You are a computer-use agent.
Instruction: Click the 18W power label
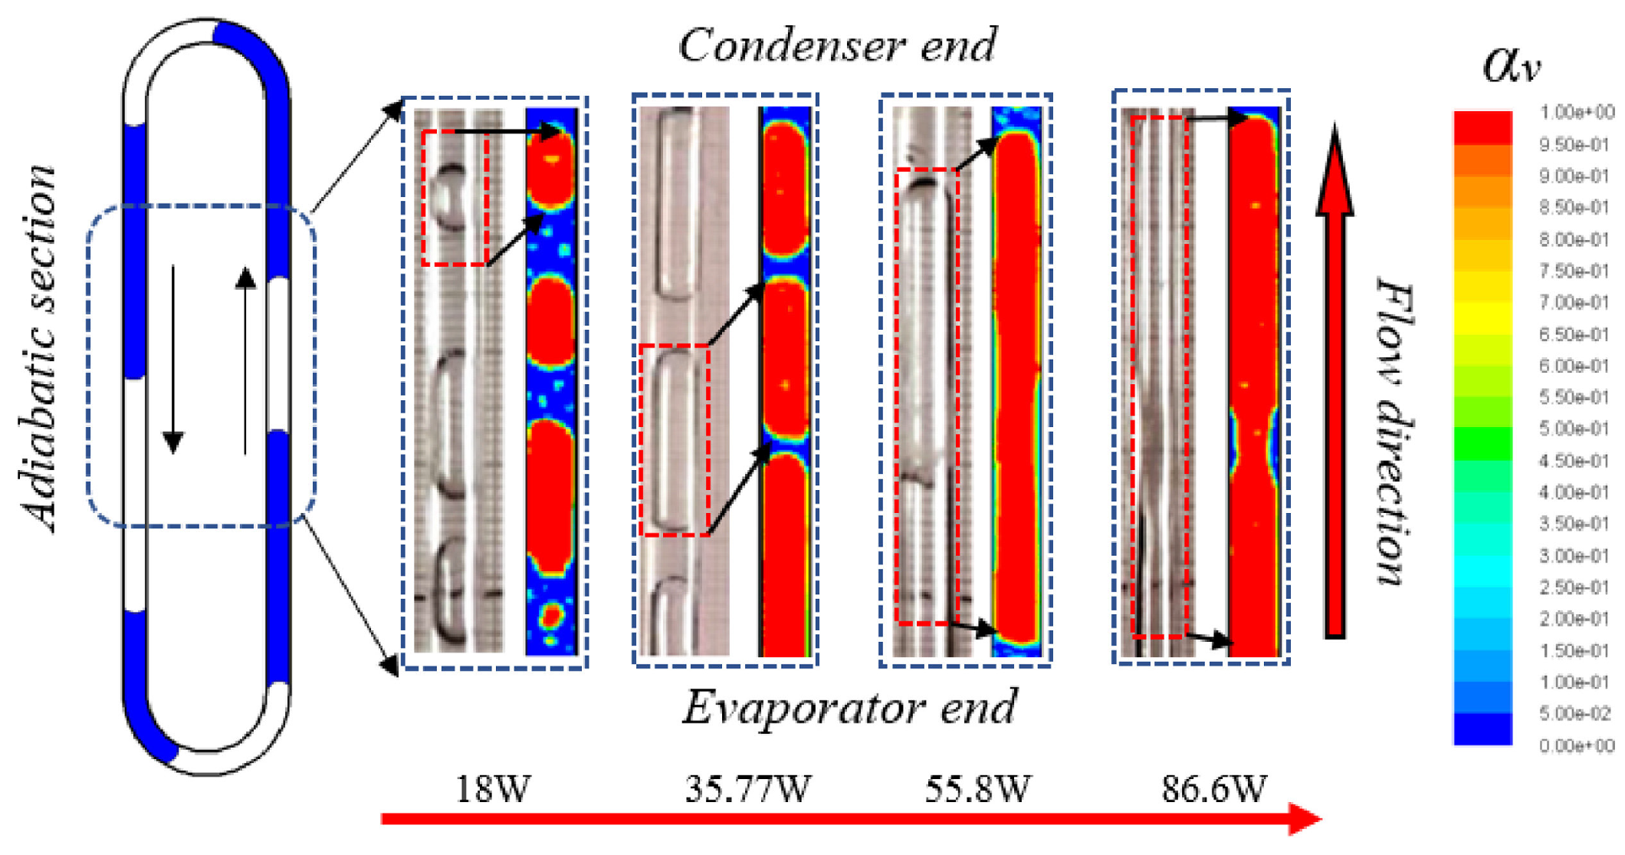point(492,788)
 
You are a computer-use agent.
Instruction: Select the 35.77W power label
point(747,788)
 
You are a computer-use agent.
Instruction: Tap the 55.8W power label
point(977,788)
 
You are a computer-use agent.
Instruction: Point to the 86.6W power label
point(1214,788)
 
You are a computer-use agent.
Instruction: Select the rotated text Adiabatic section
point(38,349)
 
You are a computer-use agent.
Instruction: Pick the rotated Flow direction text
point(1395,433)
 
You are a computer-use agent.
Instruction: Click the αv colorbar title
point(1510,65)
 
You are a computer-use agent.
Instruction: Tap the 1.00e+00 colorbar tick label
point(1576,113)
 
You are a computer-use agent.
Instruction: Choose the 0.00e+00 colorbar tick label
point(1576,745)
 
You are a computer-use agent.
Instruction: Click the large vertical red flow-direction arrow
point(1335,383)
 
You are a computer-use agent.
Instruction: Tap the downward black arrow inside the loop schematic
point(173,360)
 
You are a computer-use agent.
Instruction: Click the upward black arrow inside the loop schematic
point(245,360)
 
